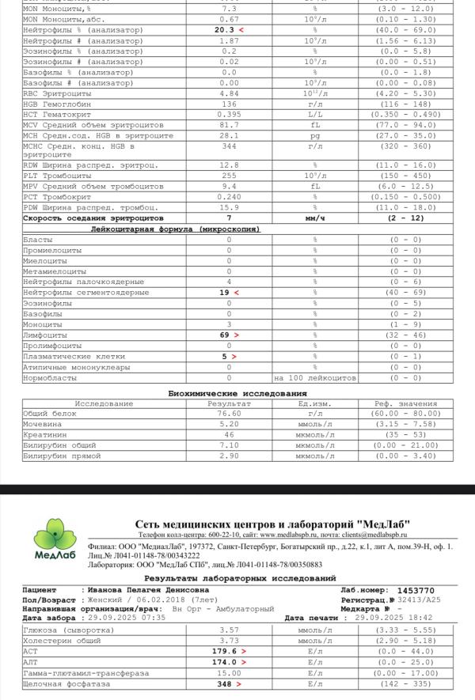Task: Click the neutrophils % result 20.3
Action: point(225,29)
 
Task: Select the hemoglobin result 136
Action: point(229,104)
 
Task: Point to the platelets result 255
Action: point(229,176)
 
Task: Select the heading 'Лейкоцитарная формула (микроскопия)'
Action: point(175,229)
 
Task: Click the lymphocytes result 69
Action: point(225,335)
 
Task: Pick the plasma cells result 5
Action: point(225,357)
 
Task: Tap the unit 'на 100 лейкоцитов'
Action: point(314,378)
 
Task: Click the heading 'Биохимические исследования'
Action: point(237,393)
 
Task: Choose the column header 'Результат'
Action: point(229,403)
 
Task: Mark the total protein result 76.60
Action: point(229,414)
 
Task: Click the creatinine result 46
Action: point(229,435)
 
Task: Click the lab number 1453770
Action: point(415,590)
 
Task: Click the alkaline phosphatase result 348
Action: point(225,683)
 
